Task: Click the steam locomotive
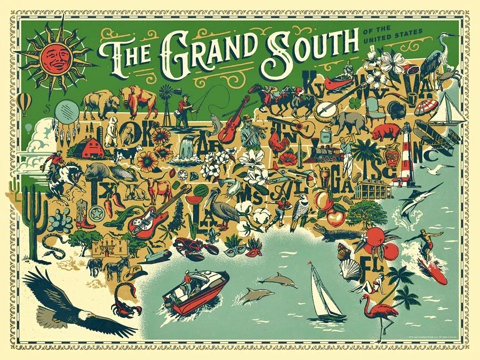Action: (x=327, y=155)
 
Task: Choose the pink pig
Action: (x=386, y=131)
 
